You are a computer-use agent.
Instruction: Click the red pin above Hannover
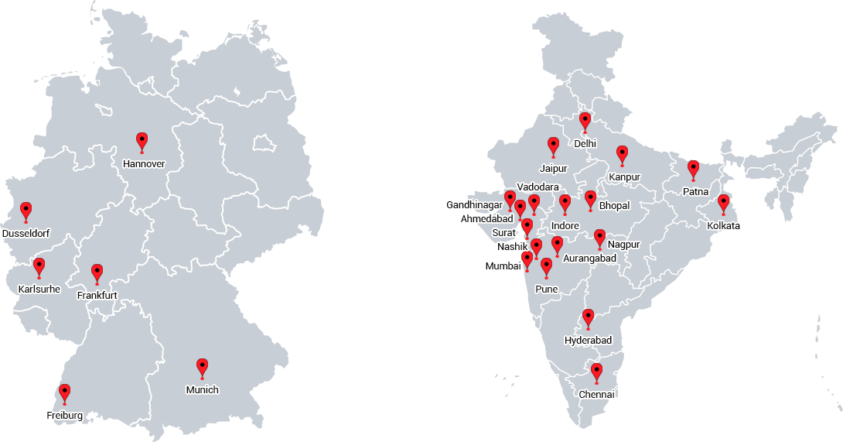point(142,140)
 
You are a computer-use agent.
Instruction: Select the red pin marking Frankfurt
point(97,272)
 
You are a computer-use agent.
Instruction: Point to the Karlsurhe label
point(39,290)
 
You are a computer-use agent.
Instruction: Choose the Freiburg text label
point(64,416)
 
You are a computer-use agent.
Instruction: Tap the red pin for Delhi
point(585,121)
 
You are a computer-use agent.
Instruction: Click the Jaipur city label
point(554,168)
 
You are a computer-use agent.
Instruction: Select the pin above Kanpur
point(622,154)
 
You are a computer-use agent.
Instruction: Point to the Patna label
point(695,191)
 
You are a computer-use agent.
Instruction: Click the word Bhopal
point(614,206)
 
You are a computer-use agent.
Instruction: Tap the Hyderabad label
point(588,341)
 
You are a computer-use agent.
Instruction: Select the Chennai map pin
point(596,372)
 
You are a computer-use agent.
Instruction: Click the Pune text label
point(546,290)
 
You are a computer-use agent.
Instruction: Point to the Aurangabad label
point(590,259)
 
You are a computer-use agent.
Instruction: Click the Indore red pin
point(565,203)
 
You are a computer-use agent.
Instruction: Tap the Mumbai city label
point(503,266)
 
